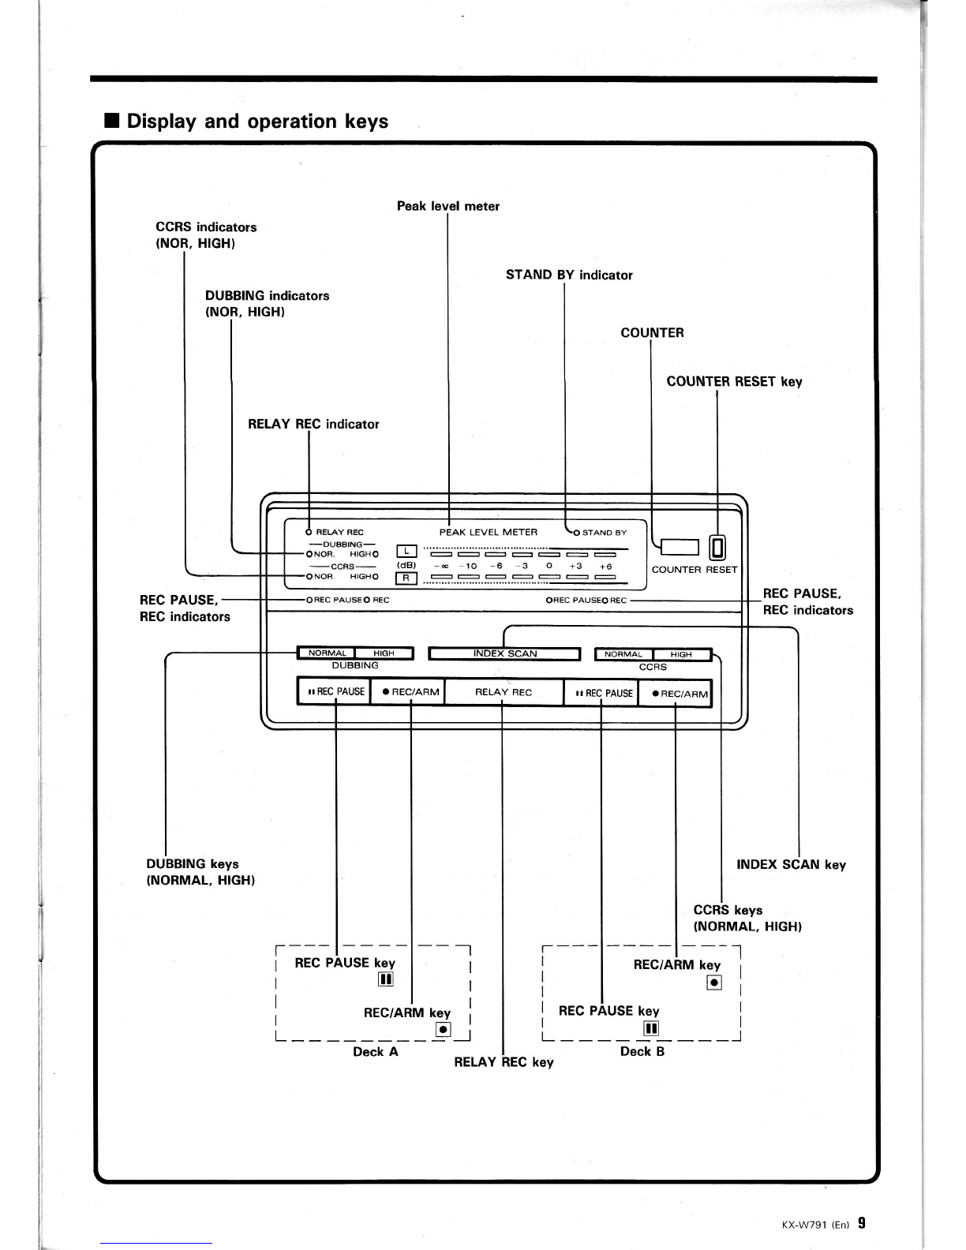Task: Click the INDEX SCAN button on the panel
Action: [504, 654]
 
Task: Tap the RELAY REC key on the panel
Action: [504, 692]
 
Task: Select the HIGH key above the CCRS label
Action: [682, 655]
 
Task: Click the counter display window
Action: [680, 547]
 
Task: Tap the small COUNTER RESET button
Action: [717, 548]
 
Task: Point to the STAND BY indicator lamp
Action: [576, 533]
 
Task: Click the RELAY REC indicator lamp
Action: [309, 532]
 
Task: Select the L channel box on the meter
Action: [406, 552]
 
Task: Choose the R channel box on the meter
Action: [406, 578]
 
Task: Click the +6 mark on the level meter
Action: [605, 566]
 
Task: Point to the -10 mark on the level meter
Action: [468, 566]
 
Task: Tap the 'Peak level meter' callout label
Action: [448, 206]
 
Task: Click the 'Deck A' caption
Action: [375, 1052]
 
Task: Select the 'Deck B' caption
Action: [642, 1051]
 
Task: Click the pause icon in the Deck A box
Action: [385, 979]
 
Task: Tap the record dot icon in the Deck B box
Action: [714, 982]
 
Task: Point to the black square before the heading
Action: [111, 121]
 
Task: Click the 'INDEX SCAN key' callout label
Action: [791, 865]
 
